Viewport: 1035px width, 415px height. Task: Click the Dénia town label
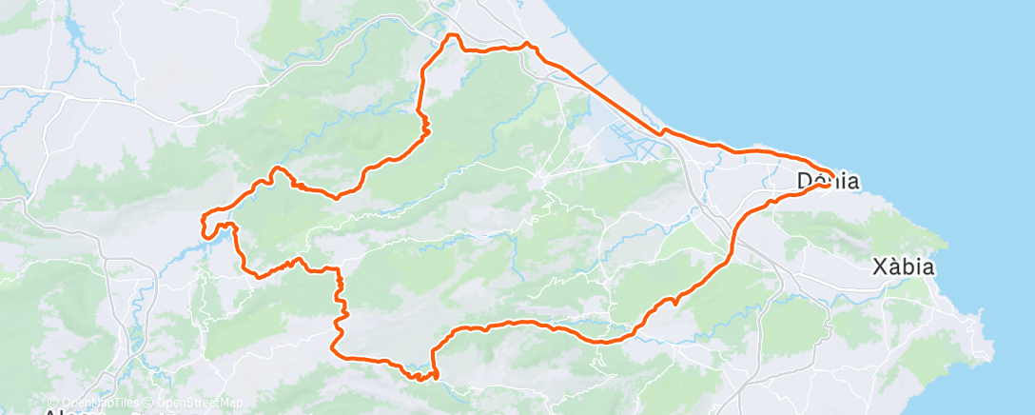point(828,181)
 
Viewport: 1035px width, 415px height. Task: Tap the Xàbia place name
point(904,267)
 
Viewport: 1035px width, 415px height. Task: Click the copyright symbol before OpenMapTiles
point(52,403)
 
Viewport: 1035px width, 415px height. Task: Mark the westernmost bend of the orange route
point(203,225)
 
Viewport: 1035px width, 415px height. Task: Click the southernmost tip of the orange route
point(420,378)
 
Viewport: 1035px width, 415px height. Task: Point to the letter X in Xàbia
point(880,267)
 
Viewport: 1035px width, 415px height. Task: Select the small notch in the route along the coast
point(666,130)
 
